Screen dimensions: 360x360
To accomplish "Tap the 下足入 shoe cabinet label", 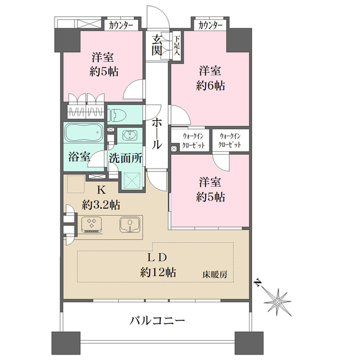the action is coord(177,46).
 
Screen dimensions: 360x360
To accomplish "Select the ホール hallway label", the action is coord(157,134).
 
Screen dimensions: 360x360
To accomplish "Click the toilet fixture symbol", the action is coord(118,115).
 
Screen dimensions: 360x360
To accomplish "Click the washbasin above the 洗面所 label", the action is coord(130,134).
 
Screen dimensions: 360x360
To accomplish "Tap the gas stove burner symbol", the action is coord(91,224).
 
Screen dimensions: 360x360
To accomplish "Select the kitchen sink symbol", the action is coord(130,224).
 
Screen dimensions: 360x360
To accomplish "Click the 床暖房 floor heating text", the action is coord(215,274).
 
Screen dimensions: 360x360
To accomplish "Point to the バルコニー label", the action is coord(157,320).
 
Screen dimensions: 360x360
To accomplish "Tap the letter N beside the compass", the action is coord(258,283).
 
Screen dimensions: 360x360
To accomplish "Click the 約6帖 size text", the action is coord(211,86).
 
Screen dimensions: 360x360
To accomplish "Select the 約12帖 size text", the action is coord(158,272).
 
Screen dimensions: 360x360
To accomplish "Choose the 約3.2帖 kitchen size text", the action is coord(101,205).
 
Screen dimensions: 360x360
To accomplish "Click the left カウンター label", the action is coord(121,25).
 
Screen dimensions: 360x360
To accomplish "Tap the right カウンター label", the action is coord(210,25).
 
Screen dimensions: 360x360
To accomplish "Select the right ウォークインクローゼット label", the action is coord(230,140).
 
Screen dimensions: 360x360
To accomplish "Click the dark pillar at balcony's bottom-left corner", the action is coord(66,343).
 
